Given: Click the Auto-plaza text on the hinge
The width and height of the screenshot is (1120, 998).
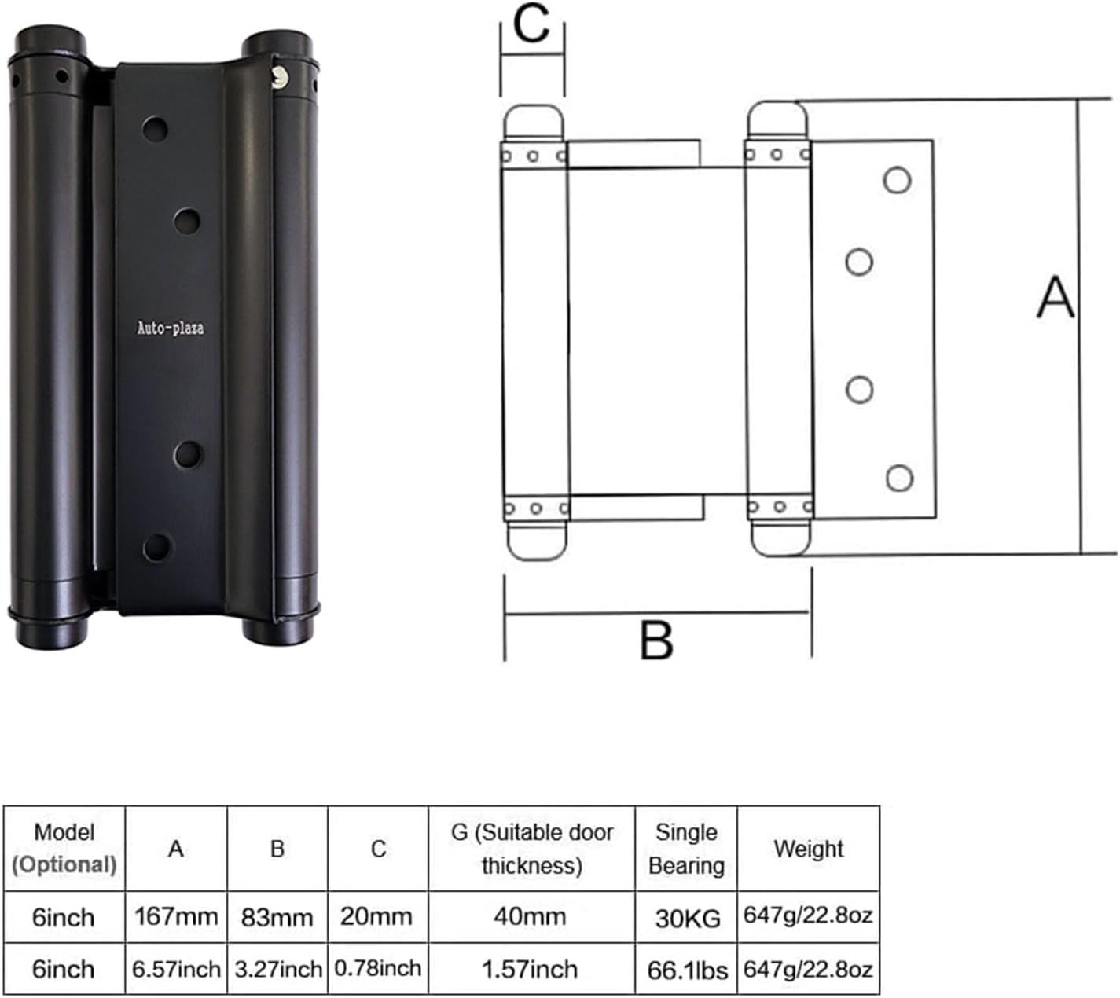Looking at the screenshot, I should click(171, 328).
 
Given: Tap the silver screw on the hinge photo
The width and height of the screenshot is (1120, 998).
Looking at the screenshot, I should click(277, 75).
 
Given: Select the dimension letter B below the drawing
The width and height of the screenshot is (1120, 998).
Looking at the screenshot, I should click(656, 640).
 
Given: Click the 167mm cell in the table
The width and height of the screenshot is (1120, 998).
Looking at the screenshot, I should click(176, 916).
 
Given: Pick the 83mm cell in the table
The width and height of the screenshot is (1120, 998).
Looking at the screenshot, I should click(277, 917).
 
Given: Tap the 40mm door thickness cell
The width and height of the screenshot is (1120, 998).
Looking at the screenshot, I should click(531, 916).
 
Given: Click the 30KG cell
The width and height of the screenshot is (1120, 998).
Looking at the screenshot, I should click(687, 918).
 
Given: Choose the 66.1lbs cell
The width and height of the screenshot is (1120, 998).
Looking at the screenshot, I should click(687, 970).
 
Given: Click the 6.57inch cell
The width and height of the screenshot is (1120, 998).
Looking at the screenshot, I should click(176, 970).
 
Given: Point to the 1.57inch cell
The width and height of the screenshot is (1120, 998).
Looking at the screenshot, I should click(531, 970).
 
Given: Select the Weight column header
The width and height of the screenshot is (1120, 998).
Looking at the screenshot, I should click(808, 849).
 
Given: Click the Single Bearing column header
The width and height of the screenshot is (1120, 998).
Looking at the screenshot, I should click(686, 849).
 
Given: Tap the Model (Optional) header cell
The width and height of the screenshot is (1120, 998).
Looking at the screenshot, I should click(64, 849).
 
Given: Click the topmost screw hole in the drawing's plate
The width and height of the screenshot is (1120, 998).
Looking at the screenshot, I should click(897, 180).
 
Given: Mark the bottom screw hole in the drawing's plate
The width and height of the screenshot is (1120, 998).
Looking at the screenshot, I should click(899, 478).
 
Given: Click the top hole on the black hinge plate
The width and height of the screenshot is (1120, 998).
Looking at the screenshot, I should click(155, 129).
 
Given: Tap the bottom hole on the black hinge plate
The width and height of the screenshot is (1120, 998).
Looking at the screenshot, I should click(156, 547).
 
